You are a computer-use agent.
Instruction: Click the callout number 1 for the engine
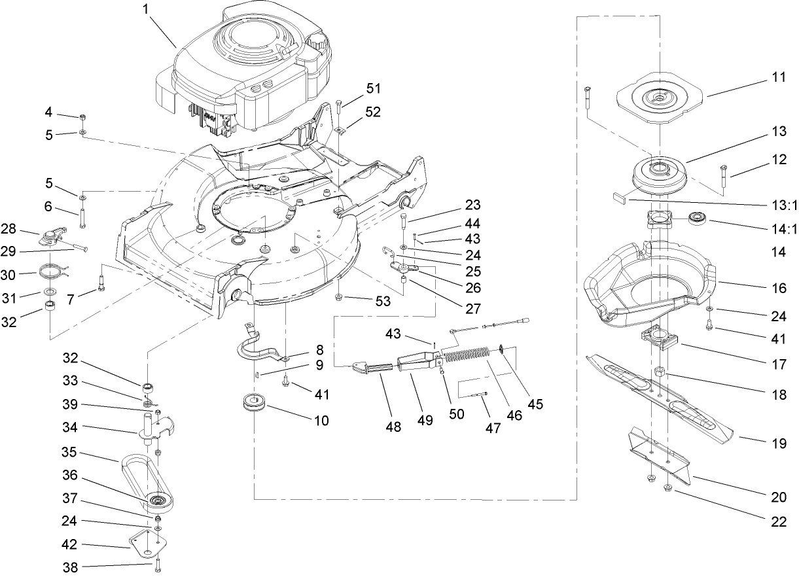tap(146, 10)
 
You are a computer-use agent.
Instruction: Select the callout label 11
tap(777, 77)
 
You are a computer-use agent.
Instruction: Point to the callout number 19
tap(779, 444)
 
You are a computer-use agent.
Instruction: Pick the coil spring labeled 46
tap(468, 357)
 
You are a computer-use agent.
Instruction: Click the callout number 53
tap(384, 302)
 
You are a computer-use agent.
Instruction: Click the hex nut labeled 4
tap(83, 117)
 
